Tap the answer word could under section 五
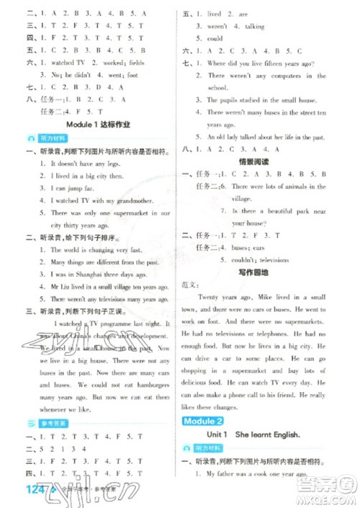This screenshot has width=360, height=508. tap(215, 38)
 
